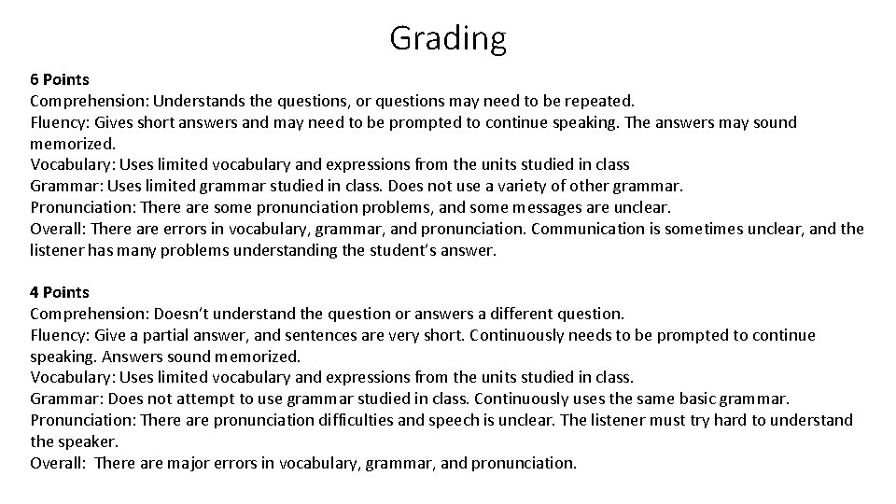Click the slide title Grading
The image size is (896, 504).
[x=448, y=38]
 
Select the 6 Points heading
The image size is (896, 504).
[x=61, y=79]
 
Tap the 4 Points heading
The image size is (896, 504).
[x=61, y=292]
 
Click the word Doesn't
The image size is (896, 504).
[x=184, y=314]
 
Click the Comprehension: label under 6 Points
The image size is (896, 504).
[x=90, y=101]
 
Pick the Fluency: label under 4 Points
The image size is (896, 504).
[x=59, y=335]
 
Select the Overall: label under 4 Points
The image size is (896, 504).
[x=58, y=463]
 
